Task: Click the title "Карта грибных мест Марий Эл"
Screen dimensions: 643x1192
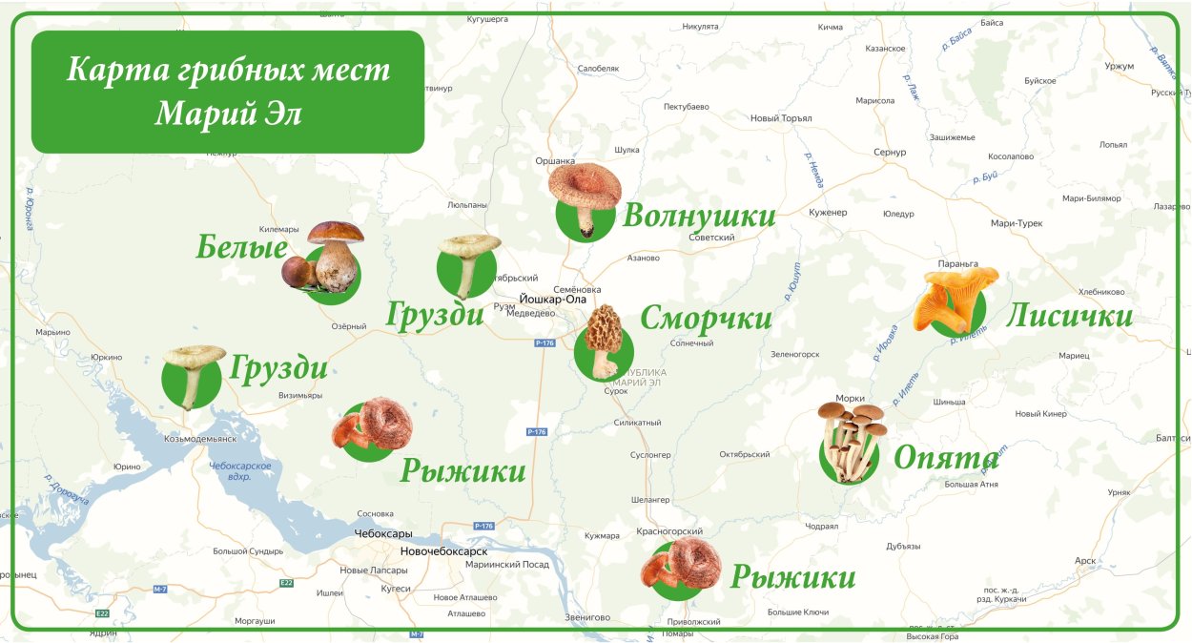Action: [x=228, y=92]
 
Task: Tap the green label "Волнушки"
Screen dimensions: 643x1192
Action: [x=699, y=217]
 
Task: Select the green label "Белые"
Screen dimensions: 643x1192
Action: [x=242, y=248]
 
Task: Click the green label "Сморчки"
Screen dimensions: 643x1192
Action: [x=706, y=318]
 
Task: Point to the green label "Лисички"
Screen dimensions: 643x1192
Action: [x=1069, y=316]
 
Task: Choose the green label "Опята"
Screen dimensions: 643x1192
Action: [x=945, y=459]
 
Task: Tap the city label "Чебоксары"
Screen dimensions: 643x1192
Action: [x=383, y=533]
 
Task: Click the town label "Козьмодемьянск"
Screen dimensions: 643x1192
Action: [x=200, y=439]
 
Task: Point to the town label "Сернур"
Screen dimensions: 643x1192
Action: [x=889, y=153]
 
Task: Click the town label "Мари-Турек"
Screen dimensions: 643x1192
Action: [x=1017, y=223]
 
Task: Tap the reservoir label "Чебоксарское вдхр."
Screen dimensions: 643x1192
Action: [x=240, y=470]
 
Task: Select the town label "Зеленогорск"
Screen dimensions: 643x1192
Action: [x=795, y=354]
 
